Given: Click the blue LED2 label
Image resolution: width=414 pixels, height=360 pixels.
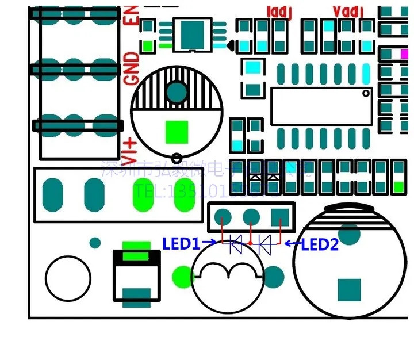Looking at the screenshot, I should (x=320, y=245).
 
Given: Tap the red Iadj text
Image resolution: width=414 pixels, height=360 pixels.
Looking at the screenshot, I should (x=280, y=11).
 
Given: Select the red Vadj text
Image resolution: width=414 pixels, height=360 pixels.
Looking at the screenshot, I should (x=348, y=11).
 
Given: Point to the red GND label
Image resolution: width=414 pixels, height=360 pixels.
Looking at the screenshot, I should (x=132, y=68).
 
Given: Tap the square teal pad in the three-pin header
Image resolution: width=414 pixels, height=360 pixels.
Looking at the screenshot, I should (x=279, y=217).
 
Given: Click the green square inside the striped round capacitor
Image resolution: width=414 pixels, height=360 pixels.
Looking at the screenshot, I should (x=177, y=132).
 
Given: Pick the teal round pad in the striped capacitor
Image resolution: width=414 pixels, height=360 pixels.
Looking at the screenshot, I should (x=177, y=92).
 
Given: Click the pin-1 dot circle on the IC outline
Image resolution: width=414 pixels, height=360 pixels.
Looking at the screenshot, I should (x=366, y=93).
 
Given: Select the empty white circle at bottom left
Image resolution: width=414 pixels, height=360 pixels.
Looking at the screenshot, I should (x=68, y=278).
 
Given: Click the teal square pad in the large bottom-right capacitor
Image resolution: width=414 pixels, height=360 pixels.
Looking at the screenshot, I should (x=348, y=290).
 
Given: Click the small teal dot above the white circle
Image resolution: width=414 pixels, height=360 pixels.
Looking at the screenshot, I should (x=95, y=243).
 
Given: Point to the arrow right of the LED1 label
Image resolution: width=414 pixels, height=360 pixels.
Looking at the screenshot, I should (x=210, y=243).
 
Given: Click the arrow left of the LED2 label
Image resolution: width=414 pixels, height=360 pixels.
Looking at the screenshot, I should (x=293, y=244).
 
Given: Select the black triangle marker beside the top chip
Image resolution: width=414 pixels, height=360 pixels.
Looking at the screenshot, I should (x=229, y=45).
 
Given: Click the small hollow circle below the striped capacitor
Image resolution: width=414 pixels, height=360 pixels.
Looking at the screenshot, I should (x=177, y=158).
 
